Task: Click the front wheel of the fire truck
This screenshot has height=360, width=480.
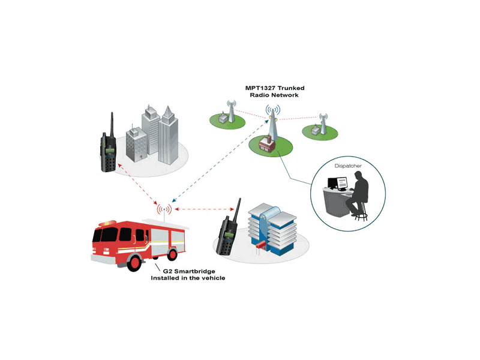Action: pyautogui.click(x=135, y=261)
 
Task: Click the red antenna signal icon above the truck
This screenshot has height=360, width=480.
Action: pyautogui.click(x=164, y=209)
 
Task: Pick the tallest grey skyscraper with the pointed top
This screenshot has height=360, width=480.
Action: pyautogui.click(x=168, y=135)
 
